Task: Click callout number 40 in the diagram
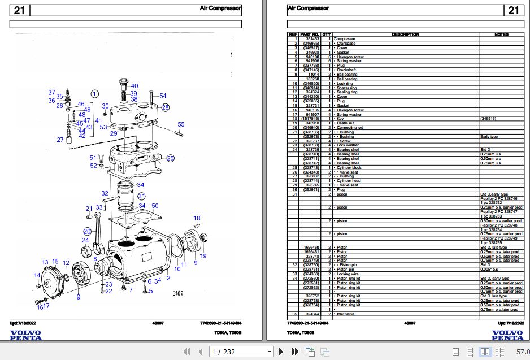(134, 86)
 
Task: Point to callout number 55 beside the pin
(181, 124)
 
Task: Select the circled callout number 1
(95, 94)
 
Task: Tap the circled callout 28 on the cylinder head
(165, 107)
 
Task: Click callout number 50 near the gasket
(155, 205)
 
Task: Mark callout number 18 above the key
(197, 218)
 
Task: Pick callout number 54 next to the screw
(163, 96)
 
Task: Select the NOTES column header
(501, 34)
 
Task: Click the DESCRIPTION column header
(405, 34)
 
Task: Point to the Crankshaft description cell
(347, 70)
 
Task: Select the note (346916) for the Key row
(489, 118)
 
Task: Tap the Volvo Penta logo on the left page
(25, 335)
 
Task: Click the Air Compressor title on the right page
(308, 8)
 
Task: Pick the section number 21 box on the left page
(20, 10)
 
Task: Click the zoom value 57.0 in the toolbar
(522, 352)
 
